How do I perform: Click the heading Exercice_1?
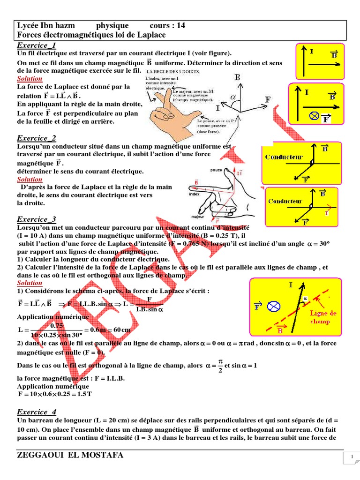point(37,45)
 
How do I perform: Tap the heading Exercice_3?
point(37,219)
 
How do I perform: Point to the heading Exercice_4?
point(37,412)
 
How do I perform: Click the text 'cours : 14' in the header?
point(167,26)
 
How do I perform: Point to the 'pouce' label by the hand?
point(217,170)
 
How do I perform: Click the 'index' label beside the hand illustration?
point(181,194)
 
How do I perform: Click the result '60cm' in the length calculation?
point(121,330)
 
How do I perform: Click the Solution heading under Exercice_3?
point(30,283)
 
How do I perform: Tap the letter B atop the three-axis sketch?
point(238,77)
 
